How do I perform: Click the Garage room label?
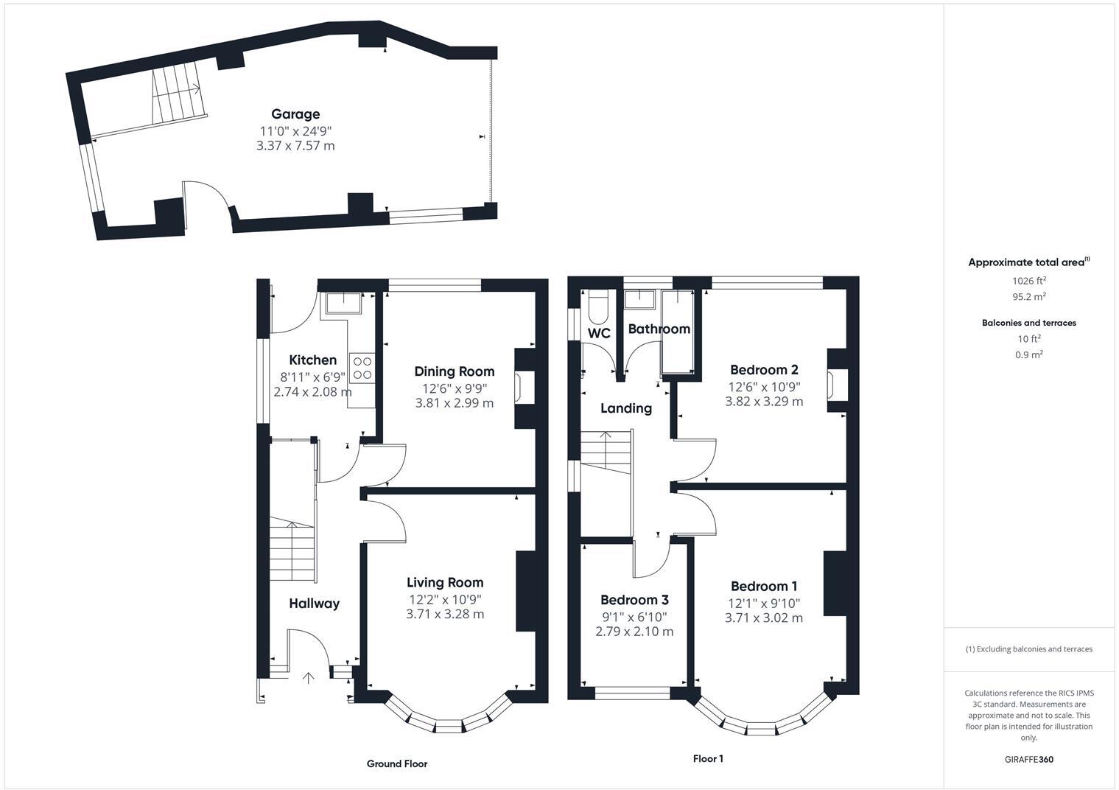tap(295, 114)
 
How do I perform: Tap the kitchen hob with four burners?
tap(362, 368)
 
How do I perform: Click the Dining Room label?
tap(454, 371)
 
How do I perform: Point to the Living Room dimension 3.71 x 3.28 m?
tap(445, 614)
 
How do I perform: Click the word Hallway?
tap(314, 604)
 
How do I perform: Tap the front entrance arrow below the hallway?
tap(307, 677)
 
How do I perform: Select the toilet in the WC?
tap(597, 308)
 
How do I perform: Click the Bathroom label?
tap(659, 329)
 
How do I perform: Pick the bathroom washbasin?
tap(640, 298)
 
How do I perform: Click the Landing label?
tap(625, 408)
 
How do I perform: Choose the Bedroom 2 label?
tap(764, 370)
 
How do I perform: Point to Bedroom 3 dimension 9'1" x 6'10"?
tap(634, 616)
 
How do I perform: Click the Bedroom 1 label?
tap(764, 587)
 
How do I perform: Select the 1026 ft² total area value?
tap(1029, 281)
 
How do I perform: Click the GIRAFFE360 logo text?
tap(1029, 760)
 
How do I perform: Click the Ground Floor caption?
tap(397, 764)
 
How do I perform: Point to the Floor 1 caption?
tap(708, 759)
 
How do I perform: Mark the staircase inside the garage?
tap(177, 94)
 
